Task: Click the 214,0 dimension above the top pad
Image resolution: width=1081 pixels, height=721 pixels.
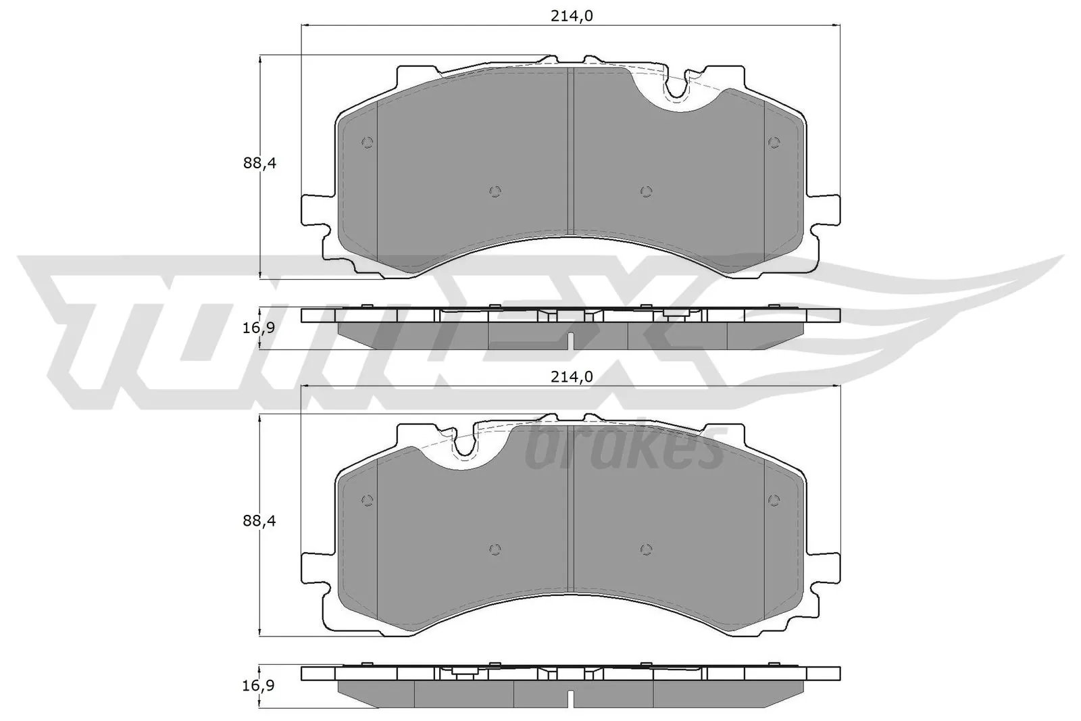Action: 571,16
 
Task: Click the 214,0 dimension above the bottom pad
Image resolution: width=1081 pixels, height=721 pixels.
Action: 571,377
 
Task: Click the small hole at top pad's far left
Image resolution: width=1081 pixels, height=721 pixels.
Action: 368,143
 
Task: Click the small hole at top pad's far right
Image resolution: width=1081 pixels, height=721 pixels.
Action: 774,143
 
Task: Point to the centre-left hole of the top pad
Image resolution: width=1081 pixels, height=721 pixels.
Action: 495,191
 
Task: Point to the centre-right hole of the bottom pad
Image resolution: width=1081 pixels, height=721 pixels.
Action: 646,549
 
